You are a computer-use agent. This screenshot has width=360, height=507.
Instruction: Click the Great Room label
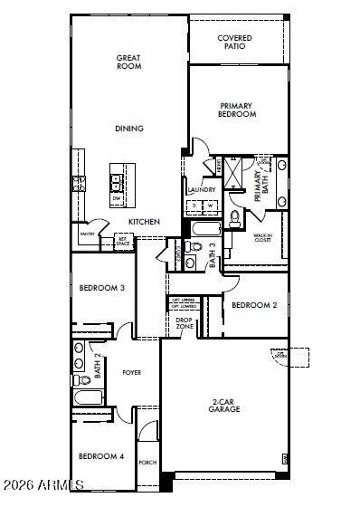pos(128,62)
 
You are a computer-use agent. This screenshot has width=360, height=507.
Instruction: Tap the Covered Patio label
pos(235,43)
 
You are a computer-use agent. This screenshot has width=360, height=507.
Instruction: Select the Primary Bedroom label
pos(237,110)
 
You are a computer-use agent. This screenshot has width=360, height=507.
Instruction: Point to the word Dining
pos(128,129)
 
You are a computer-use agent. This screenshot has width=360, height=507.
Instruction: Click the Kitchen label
pos(144,222)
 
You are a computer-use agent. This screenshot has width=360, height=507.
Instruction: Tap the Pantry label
pos(88,234)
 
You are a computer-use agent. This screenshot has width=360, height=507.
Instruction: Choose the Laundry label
pos(200,190)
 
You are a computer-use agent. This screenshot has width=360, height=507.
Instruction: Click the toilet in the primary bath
pos(235,217)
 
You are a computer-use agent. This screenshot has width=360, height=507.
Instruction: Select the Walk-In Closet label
pos(263,238)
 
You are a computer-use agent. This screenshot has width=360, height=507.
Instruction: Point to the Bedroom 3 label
pos(101,288)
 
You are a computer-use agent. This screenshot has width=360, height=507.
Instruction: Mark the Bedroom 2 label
pos(254,305)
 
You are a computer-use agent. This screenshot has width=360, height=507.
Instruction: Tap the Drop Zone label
pos(184,321)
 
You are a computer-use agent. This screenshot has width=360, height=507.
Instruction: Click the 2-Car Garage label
pos(224,406)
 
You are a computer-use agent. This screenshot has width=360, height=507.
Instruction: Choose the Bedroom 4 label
pos(100,456)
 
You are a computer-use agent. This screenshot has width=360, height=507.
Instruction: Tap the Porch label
pos(147,463)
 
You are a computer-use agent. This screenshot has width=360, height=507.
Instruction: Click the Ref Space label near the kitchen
pos(122,243)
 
